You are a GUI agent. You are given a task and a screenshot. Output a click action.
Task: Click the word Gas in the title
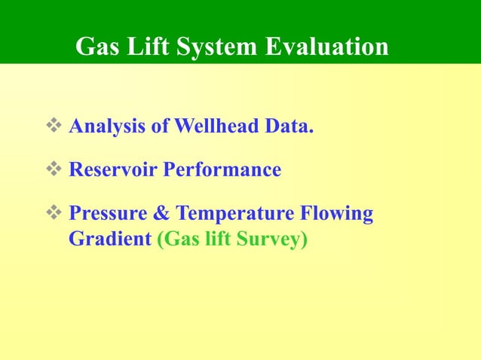pyautogui.click(x=98, y=47)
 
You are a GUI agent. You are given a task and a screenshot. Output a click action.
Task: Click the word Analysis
pyautogui.click(x=108, y=127)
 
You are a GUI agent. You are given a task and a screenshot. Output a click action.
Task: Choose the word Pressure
pyautogui.click(x=108, y=214)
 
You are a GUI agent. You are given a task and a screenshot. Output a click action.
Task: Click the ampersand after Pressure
pyautogui.click(x=161, y=214)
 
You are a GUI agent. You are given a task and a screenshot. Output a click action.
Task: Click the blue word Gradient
pyautogui.click(x=110, y=241)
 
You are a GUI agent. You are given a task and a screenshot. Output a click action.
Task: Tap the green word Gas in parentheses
pyautogui.click(x=179, y=241)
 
